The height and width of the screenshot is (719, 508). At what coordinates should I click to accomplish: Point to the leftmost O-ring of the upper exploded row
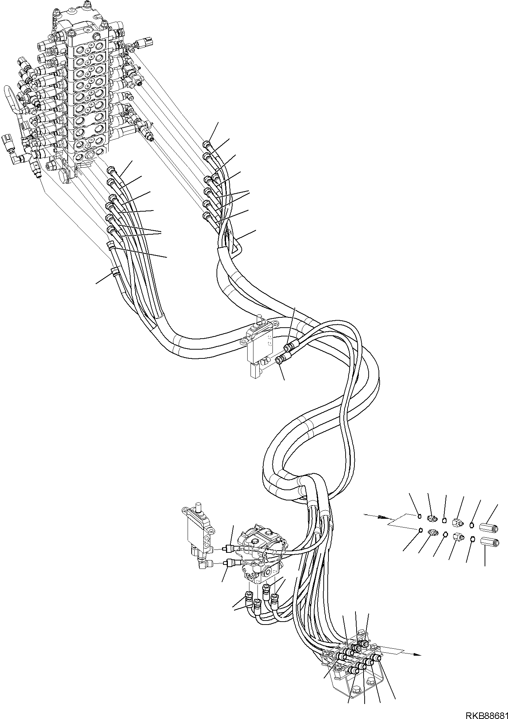pyautogui.click(x=420, y=517)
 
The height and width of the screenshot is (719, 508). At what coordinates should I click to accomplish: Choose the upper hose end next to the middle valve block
pyautogui.click(x=289, y=346)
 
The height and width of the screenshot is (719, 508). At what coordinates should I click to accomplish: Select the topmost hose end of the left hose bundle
pyautogui.click(x=111, y=170)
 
